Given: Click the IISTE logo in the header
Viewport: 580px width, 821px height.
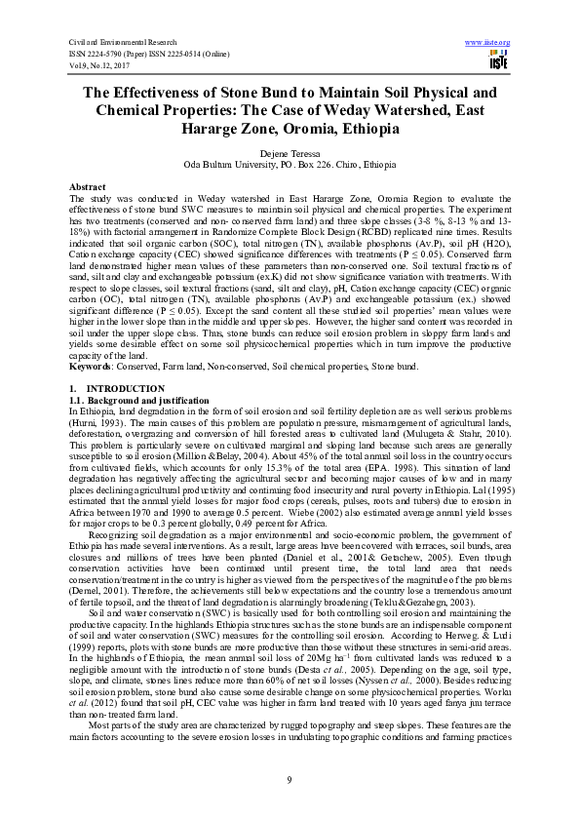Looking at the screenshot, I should pos(495,63).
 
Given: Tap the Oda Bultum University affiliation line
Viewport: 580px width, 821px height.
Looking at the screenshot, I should pos(290,165).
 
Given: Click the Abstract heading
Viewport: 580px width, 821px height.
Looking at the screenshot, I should pos(88,184).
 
